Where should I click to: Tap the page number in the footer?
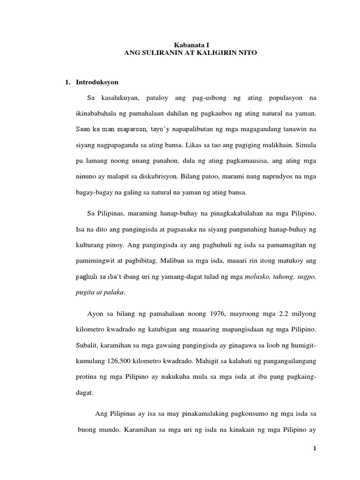coord(315,449)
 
